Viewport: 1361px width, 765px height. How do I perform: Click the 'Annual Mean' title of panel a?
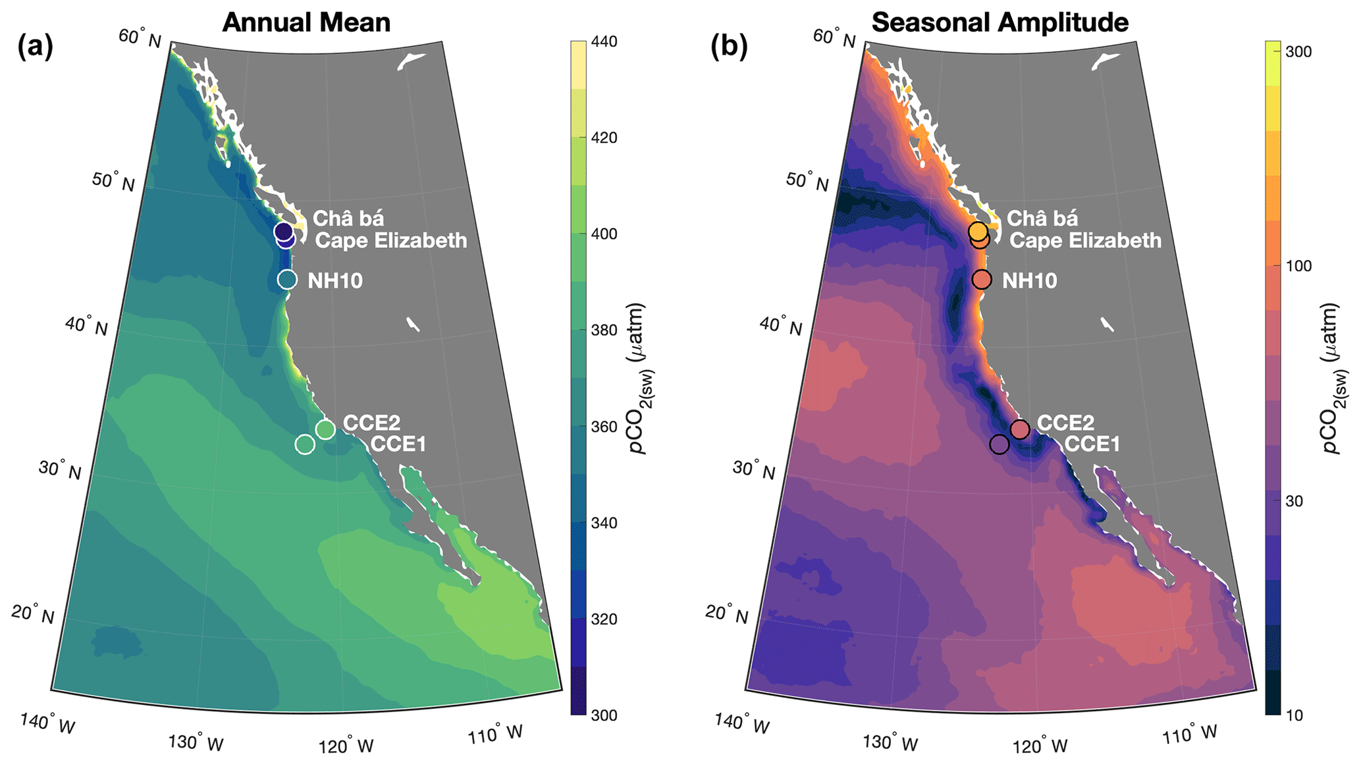(306, 22)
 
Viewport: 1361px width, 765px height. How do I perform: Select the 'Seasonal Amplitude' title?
(1000, 22)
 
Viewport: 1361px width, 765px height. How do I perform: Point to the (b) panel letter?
(729, 47)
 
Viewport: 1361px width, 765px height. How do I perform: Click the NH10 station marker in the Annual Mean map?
(287, 280)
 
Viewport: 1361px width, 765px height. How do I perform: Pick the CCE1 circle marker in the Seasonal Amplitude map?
(999, 444)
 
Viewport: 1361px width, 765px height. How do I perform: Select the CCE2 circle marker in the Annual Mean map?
(325, 429)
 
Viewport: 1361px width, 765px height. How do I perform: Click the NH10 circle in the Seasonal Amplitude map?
(981, 280)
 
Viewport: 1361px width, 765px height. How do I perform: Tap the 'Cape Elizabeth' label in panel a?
(391, 241)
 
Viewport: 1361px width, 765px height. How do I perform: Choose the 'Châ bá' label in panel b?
(1042, 219)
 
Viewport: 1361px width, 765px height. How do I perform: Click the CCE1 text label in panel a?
(398, 444)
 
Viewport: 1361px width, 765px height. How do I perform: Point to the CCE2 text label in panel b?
(1065, 423)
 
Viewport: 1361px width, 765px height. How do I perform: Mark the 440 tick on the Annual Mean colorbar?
(604, 42)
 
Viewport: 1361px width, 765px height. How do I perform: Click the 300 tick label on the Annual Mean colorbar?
(604, 716)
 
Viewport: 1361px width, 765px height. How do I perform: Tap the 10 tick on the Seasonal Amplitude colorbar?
(1294, 716)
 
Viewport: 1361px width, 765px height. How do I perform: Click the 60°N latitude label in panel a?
(140, 38)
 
